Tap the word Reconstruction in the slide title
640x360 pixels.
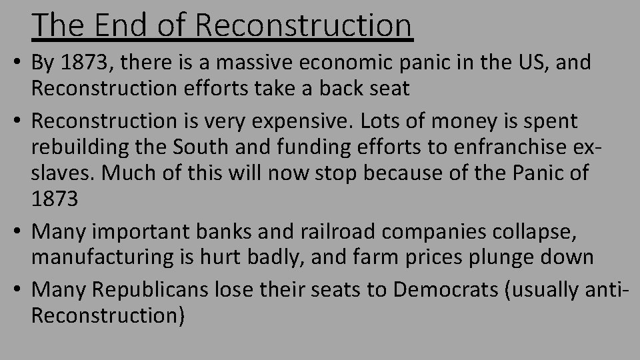coord(305,25)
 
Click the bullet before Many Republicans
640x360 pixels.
coord(17,289)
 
